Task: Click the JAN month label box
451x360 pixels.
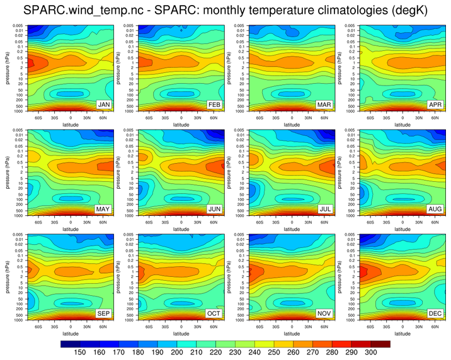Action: click(x=105, y=104)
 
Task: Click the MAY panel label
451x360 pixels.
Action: click(x=105, y=208)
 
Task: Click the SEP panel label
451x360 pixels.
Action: click(x=105, y=313)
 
